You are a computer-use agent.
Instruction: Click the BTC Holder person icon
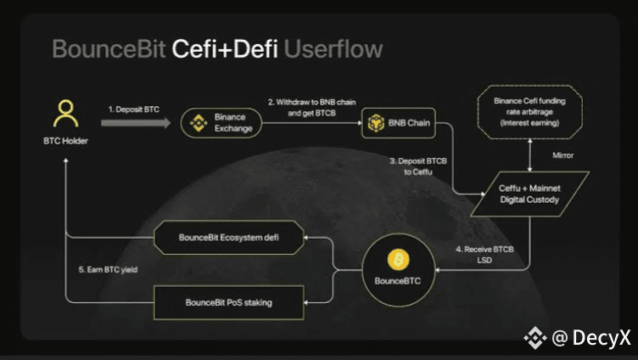click(x=65, y=113)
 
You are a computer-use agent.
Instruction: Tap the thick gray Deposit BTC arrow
click(x=136, y=122)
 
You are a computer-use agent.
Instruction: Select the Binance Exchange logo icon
click(x=199, y=123)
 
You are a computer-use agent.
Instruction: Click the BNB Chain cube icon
click(x=376, y=123)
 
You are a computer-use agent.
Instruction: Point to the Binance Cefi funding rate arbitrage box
click(x=529, y=112)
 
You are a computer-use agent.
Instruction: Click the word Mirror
click(x=562, y=155)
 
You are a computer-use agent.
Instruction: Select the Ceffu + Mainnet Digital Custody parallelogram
click(x=529, y=194)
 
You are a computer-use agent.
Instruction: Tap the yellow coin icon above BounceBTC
click(x=399, y=260)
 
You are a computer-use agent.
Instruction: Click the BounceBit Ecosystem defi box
click(x=229, y=238)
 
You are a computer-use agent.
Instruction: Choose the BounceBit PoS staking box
click(x=229, y=302)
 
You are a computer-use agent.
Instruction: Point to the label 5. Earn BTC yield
click(x=108, y=270)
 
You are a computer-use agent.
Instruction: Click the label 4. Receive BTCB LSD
click(x=484, y=255)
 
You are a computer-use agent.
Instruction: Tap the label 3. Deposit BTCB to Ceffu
click(x=418, y=166)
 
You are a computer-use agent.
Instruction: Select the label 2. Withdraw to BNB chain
click(x=311, y=102)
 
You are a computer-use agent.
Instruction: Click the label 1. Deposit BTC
click(x=134, y=110)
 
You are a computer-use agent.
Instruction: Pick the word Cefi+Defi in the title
click(x=225, y=49)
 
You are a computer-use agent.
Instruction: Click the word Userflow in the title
click(x=333, y=49)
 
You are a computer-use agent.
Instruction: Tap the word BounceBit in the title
click(x=109, y=49)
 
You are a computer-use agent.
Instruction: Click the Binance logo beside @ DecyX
click(x=535, y=338)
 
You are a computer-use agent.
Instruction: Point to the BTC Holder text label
click(x=65, y=141)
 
